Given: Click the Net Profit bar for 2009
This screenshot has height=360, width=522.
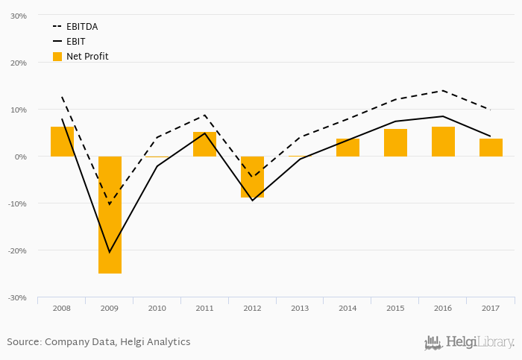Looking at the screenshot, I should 110,215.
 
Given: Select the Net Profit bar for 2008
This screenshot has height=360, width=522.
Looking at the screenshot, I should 62,142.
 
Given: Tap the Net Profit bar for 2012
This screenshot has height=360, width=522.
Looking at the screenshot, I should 252,177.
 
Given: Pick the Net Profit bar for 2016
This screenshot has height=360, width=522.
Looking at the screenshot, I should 443,142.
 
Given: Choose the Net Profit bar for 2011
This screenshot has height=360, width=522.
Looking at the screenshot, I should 204,144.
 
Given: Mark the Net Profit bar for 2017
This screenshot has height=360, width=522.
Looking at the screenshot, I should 491,148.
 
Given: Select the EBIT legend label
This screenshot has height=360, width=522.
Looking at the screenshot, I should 77,42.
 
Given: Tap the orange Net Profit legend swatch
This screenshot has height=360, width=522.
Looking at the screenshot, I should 57,57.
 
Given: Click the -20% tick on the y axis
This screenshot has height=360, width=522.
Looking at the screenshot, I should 16,250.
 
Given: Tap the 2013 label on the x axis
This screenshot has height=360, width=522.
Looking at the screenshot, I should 300,308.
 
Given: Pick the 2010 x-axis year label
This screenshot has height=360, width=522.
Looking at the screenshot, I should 157,308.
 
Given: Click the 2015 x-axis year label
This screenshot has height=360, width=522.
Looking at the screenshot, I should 395,308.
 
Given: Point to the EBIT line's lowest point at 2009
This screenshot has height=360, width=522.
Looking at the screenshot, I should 110,252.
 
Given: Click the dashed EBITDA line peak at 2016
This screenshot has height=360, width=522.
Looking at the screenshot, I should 443,91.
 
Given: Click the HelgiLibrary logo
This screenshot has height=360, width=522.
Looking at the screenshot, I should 469,342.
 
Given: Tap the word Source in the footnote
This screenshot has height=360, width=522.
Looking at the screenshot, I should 23,342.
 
